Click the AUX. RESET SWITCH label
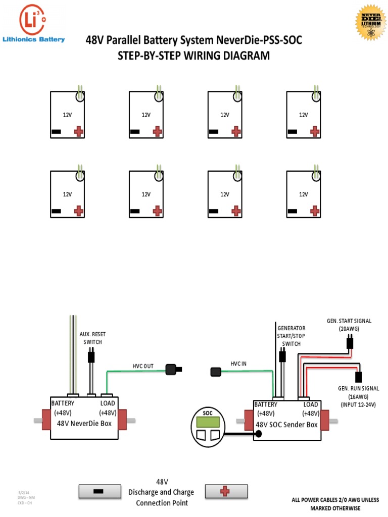(x=92, y=338)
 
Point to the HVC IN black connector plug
(x=216, y=373)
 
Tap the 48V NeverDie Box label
(x=84, y=423)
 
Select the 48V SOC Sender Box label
(x=287, y=425)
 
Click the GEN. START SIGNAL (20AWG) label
(x=349, y=325)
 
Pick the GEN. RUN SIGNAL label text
(x=358, y=388)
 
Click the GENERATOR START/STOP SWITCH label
(x=292, y=336)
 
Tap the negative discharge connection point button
(x=100, y=491)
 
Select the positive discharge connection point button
(x=226, y=491)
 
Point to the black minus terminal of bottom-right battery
(x=293, y=211)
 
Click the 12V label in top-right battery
(x=303, y=115)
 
